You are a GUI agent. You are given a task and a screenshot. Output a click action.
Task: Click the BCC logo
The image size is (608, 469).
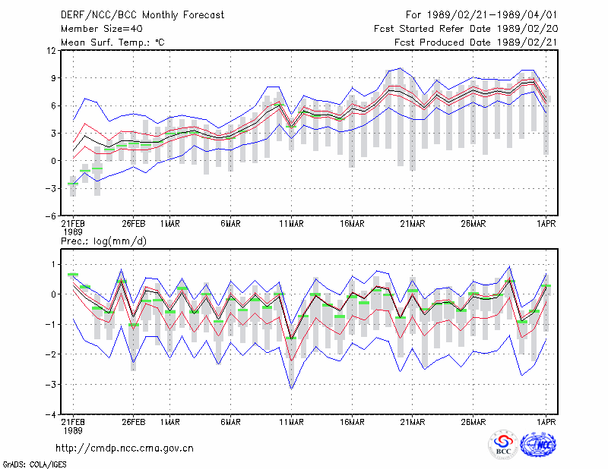click(x=503, y=445)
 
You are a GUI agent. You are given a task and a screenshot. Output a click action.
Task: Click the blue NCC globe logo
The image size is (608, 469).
click(x=539, y=444)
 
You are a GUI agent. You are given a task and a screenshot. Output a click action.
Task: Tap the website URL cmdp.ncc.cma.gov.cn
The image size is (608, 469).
click(x=125, y=449)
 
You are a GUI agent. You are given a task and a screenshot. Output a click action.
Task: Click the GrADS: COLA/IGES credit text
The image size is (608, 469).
click(x=34, y=464)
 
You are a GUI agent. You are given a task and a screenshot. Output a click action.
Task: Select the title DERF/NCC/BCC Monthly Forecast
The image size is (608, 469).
click(x=142, y=15)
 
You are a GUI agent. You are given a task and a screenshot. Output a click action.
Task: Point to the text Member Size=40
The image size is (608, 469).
click(x=102, y=29)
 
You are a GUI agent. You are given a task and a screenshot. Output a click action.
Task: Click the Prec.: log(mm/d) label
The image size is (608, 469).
click(x=103, y=241)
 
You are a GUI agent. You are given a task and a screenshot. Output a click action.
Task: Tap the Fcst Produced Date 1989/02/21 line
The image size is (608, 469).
click(x=476, y=42)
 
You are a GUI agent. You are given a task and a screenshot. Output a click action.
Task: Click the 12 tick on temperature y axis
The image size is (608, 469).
click(x=52, y=50)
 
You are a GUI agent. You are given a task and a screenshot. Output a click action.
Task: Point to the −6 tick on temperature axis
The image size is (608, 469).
click(x=50, y=216)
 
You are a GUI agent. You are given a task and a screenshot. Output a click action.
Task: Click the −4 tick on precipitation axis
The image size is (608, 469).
click(x=50, y=415)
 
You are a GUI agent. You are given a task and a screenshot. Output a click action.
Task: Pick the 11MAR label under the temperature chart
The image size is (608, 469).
click(x=292, y=224)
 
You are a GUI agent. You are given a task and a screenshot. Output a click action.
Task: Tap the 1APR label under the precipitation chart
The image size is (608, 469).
click(x=546, y=422)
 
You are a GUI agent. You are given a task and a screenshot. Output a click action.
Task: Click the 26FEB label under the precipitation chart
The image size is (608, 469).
click(x=134, y=422)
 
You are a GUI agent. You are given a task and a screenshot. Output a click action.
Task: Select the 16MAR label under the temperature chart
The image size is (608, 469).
click(x=352, y=224)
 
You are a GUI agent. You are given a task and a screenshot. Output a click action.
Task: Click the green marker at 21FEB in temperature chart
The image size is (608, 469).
click(x=73, y=184)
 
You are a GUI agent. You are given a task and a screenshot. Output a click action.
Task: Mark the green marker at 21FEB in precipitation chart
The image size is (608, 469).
click(x=73, y=275)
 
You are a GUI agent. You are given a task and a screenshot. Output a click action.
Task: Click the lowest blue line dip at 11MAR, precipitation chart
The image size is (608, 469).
click(x=292, y=389)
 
